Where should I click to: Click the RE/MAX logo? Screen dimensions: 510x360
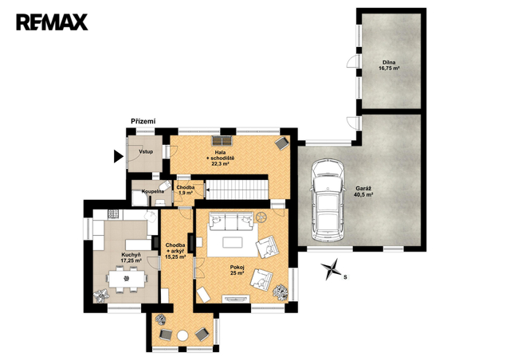pos(52,22)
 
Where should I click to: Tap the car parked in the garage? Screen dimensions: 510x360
pos(328,200)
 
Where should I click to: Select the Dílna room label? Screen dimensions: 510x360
pos(389,65)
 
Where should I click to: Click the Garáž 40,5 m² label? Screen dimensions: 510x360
pos(363,191)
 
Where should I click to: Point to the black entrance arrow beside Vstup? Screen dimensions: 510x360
pos(119,156)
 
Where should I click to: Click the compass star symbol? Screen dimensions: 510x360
pos(331,269)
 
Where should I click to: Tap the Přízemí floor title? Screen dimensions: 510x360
pos(143,122)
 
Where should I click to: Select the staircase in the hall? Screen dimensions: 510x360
pos(237,189)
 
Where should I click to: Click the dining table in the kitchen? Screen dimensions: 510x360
pos(127,279)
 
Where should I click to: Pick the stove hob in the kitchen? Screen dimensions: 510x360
pos(113,213)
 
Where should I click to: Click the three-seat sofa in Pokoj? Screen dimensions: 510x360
pos(231,220)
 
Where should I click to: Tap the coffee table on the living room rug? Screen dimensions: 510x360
pos(233,242)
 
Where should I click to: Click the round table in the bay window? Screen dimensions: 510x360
pos(182,336)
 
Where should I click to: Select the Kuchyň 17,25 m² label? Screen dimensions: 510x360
pos(131,257)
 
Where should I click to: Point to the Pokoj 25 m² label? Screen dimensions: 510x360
pos(237,270)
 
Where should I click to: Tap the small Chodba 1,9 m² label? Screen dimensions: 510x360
pos(186,190)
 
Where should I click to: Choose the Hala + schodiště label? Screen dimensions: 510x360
pos(220,158)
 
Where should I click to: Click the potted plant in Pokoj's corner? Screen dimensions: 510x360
pos(280,292)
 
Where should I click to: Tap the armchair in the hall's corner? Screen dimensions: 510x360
pos(281,143)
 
